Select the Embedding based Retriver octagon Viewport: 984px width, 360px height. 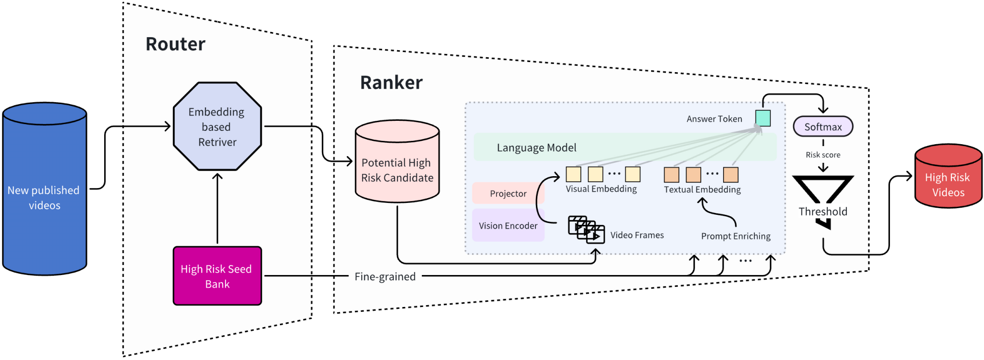(217, 127)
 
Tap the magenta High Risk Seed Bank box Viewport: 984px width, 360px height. (217, 276)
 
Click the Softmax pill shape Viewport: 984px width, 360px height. (823, 127)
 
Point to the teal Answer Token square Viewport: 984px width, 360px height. (763, 118)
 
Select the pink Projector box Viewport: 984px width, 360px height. (508, 193)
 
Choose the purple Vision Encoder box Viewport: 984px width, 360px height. (508, 225)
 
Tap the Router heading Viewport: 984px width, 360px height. (175, 44)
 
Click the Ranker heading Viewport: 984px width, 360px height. (391, 83)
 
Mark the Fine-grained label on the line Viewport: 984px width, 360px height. (385, 276)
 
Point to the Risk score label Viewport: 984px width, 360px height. (823, 155)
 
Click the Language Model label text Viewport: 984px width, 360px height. (536, 148)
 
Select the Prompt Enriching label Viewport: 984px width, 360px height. (736, 236)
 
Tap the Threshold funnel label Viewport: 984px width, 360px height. (823, 212)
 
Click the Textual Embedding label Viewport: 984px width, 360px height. (702, 190)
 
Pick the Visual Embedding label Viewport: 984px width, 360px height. (601, 189)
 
